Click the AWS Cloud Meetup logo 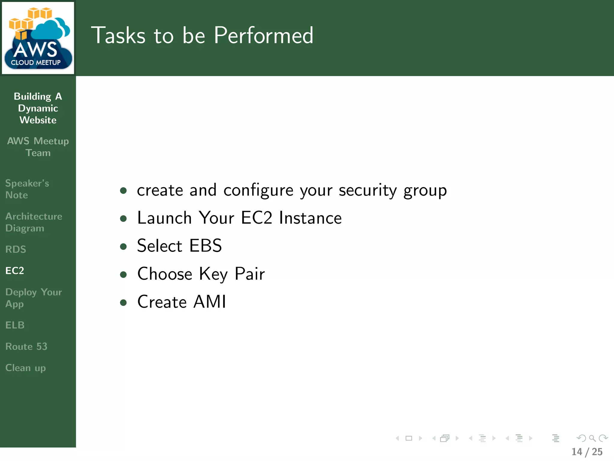tap(38, 38)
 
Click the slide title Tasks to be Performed tap(202, 35)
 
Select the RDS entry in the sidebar tap(16, 249)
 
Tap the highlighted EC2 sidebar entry tap(15, 271)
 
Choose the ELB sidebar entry tap(15, 325)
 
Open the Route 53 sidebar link tap(26, 346)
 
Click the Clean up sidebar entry tap(25, 368)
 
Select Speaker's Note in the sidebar tap(27, 189)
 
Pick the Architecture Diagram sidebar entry tap(34, 222)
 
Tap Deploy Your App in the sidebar tap(34, 298)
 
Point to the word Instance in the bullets tap(310, 218)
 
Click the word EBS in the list tap(206, 246)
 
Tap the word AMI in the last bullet tap(210, 302)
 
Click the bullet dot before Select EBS tap(123, 246)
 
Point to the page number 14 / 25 tap(587, 452)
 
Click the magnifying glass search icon tap(592, 438)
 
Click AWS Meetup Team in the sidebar tap(38, 147)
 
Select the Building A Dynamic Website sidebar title tap(38, 108)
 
